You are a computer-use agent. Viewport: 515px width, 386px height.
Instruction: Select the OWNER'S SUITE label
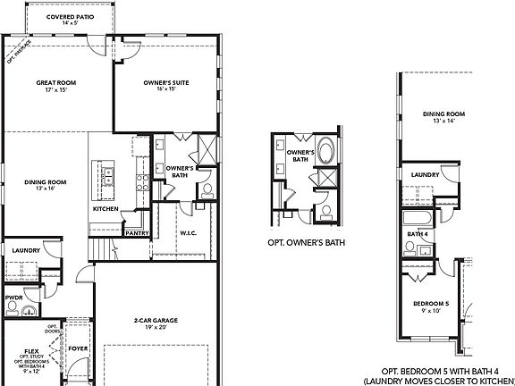click(165, 84)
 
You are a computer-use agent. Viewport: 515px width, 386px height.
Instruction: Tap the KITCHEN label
click(106, 209)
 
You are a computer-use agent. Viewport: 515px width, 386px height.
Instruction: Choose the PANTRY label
click(137, 232)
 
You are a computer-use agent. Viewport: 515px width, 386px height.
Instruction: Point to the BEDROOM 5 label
click(429, 306)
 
